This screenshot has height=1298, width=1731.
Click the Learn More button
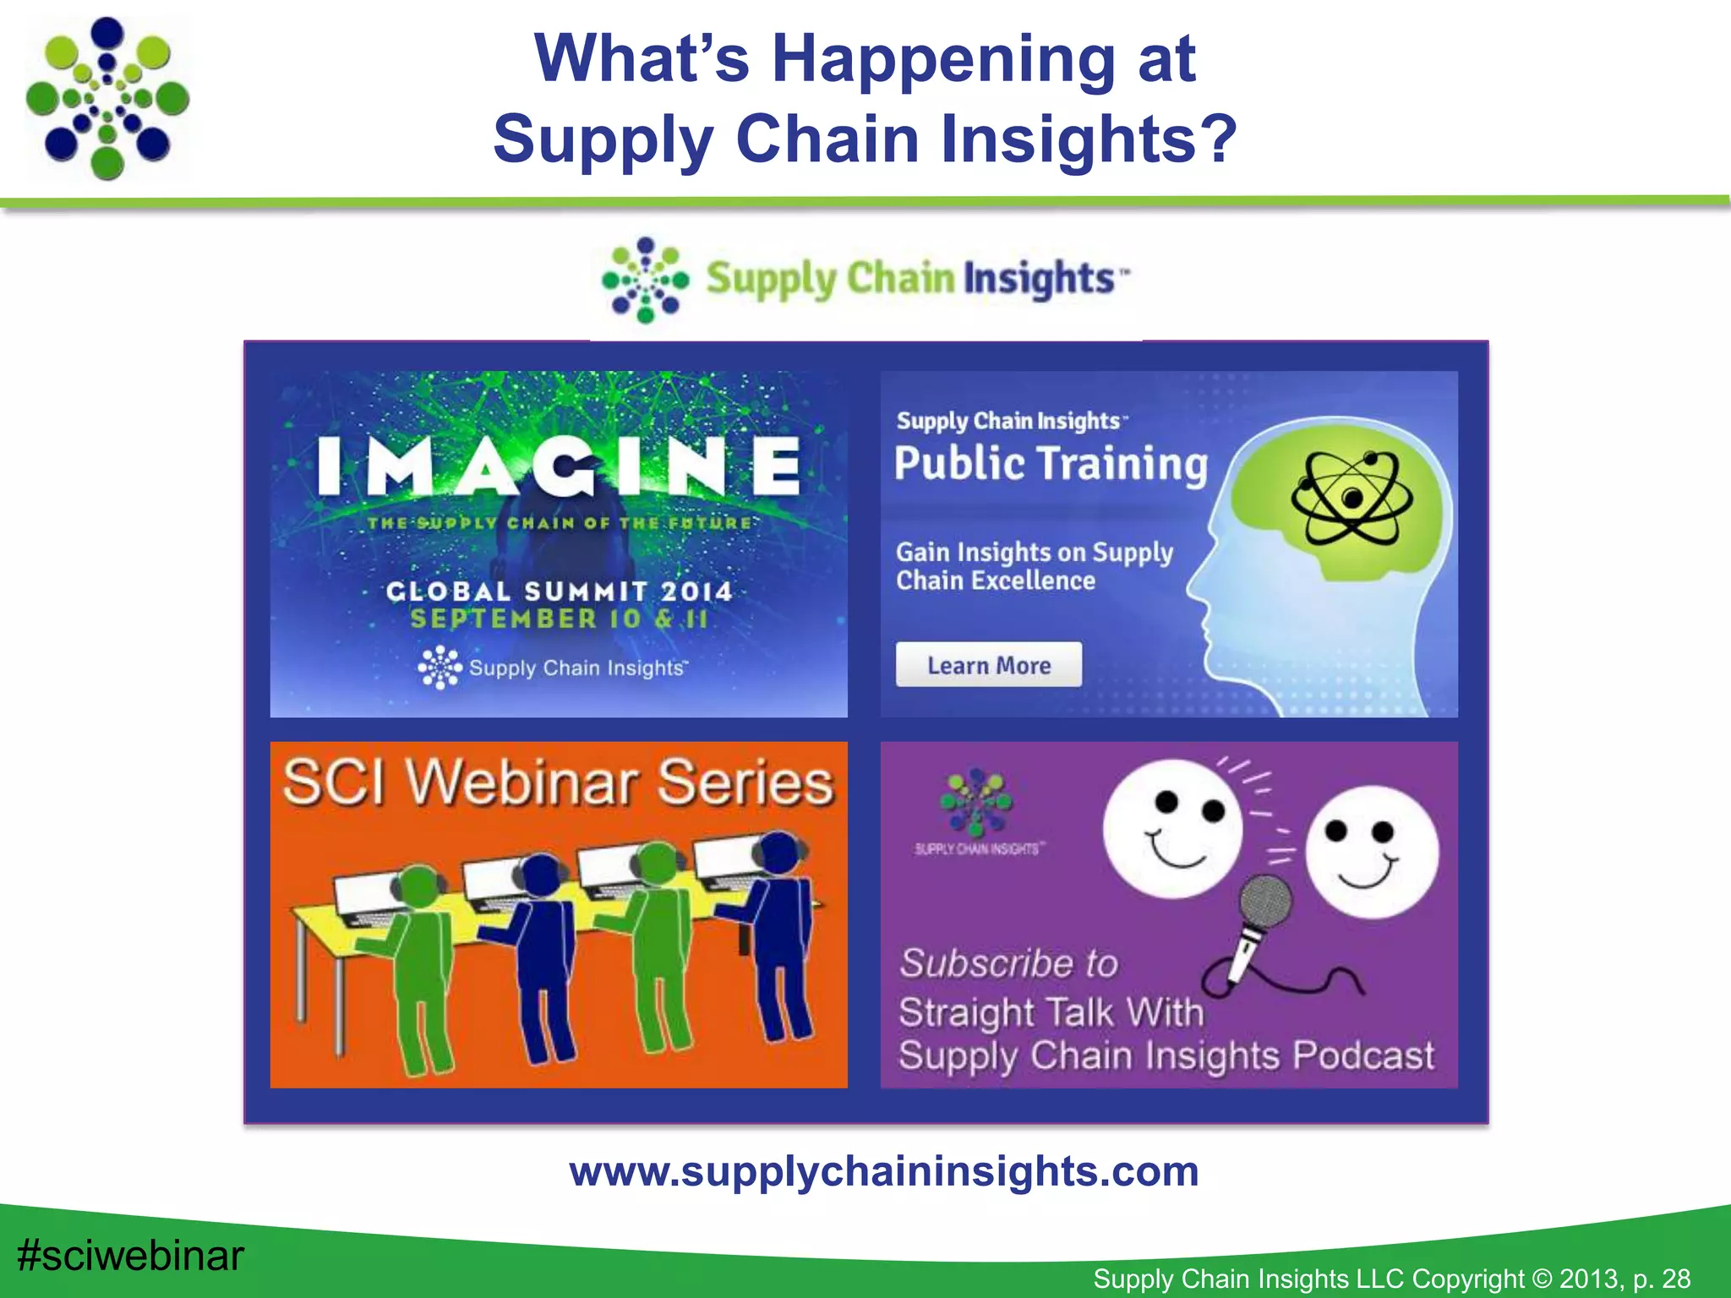(988, 665)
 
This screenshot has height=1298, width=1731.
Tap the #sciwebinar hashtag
(131, 1255)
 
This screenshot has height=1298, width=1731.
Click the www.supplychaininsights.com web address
(883, 1171)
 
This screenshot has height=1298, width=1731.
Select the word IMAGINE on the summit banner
(559, 466)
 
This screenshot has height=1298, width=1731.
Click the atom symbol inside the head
(1351, 499)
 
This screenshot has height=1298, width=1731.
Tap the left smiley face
(1173, 828)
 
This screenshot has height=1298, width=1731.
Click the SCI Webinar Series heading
(558, 782)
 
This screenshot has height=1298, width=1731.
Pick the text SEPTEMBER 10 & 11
(559, 619)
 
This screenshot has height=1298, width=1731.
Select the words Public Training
(1051, 464)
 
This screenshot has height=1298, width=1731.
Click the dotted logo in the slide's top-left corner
(107, 98)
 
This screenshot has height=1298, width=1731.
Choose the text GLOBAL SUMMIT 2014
(559, 591)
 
